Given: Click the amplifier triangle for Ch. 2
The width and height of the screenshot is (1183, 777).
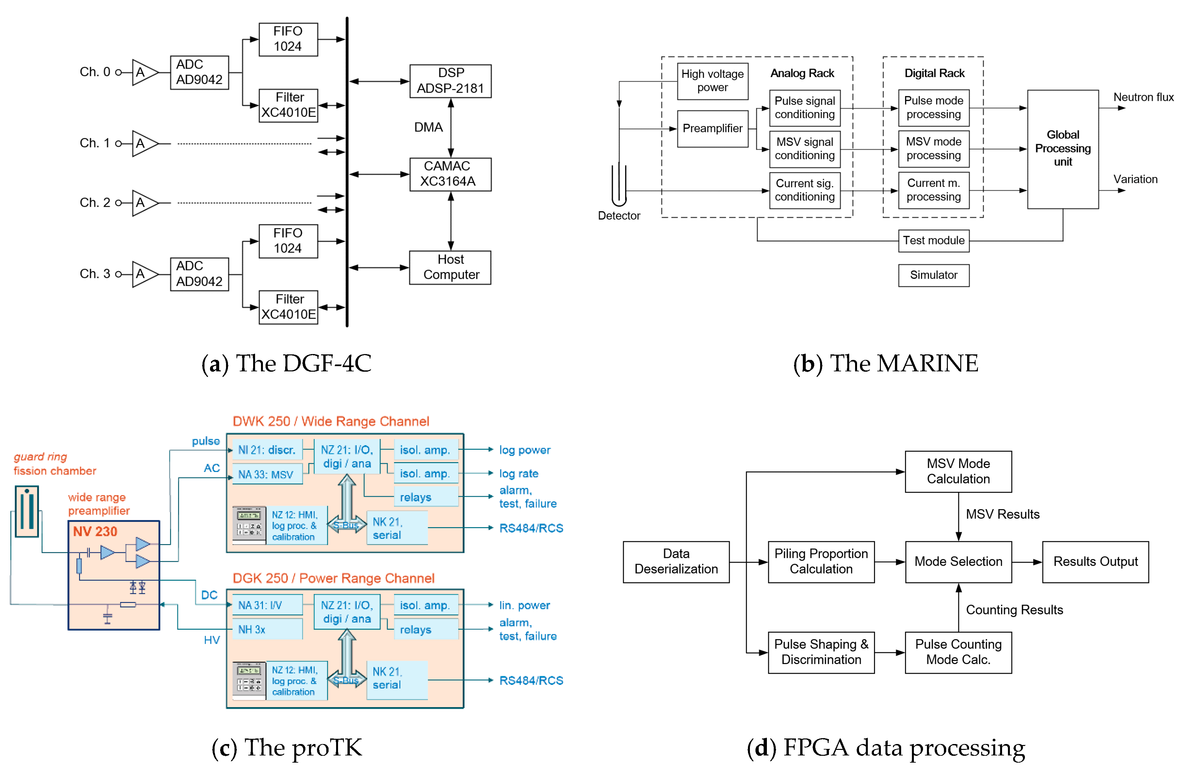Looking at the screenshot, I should (x=144, y=203).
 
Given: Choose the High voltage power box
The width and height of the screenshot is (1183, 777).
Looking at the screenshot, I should (x=712, y=81).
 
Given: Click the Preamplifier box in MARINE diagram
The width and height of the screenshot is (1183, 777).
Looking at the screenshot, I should (x=712, y=129).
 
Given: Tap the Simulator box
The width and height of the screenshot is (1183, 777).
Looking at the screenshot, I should (x=933, y=275).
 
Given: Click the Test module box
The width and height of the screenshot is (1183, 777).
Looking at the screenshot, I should (x=933, y=241).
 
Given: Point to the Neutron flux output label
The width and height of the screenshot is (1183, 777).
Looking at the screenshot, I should (x=1143, y=97).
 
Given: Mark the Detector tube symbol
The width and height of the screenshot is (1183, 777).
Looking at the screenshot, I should (x=619, y=185).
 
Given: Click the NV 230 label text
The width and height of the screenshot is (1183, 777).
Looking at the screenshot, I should (x=95, y=531).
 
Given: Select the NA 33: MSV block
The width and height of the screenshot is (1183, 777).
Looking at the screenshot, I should (x=267, y=474).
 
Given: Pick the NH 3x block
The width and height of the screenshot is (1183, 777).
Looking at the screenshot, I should (x=267, y=629).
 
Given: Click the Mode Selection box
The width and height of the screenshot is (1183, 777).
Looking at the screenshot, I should (x=958, y=562).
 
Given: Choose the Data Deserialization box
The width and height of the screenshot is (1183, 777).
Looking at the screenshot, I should (x=676, y=562).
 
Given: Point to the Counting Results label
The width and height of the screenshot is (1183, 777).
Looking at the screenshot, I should (x=1014, y=610).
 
